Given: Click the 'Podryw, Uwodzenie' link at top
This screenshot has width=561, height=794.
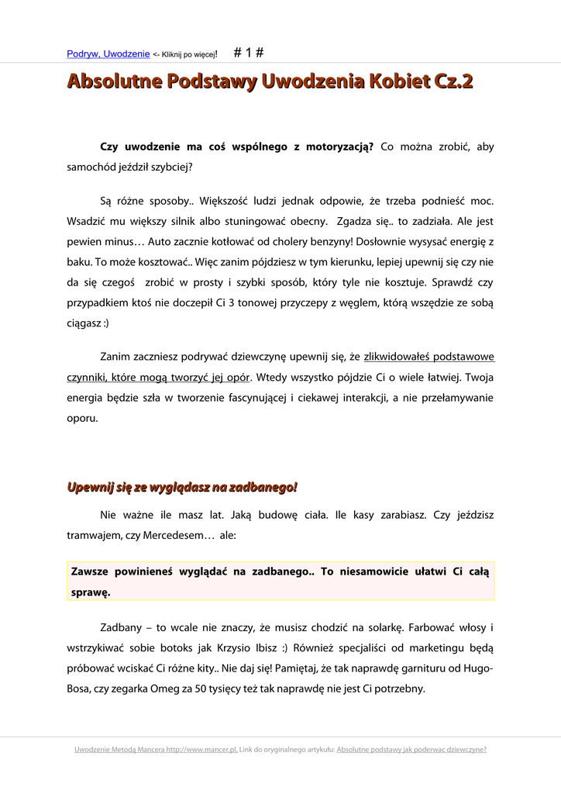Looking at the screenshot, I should [x=108, y=54].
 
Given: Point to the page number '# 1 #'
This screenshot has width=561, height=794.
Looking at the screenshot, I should [x=249, y=53].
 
